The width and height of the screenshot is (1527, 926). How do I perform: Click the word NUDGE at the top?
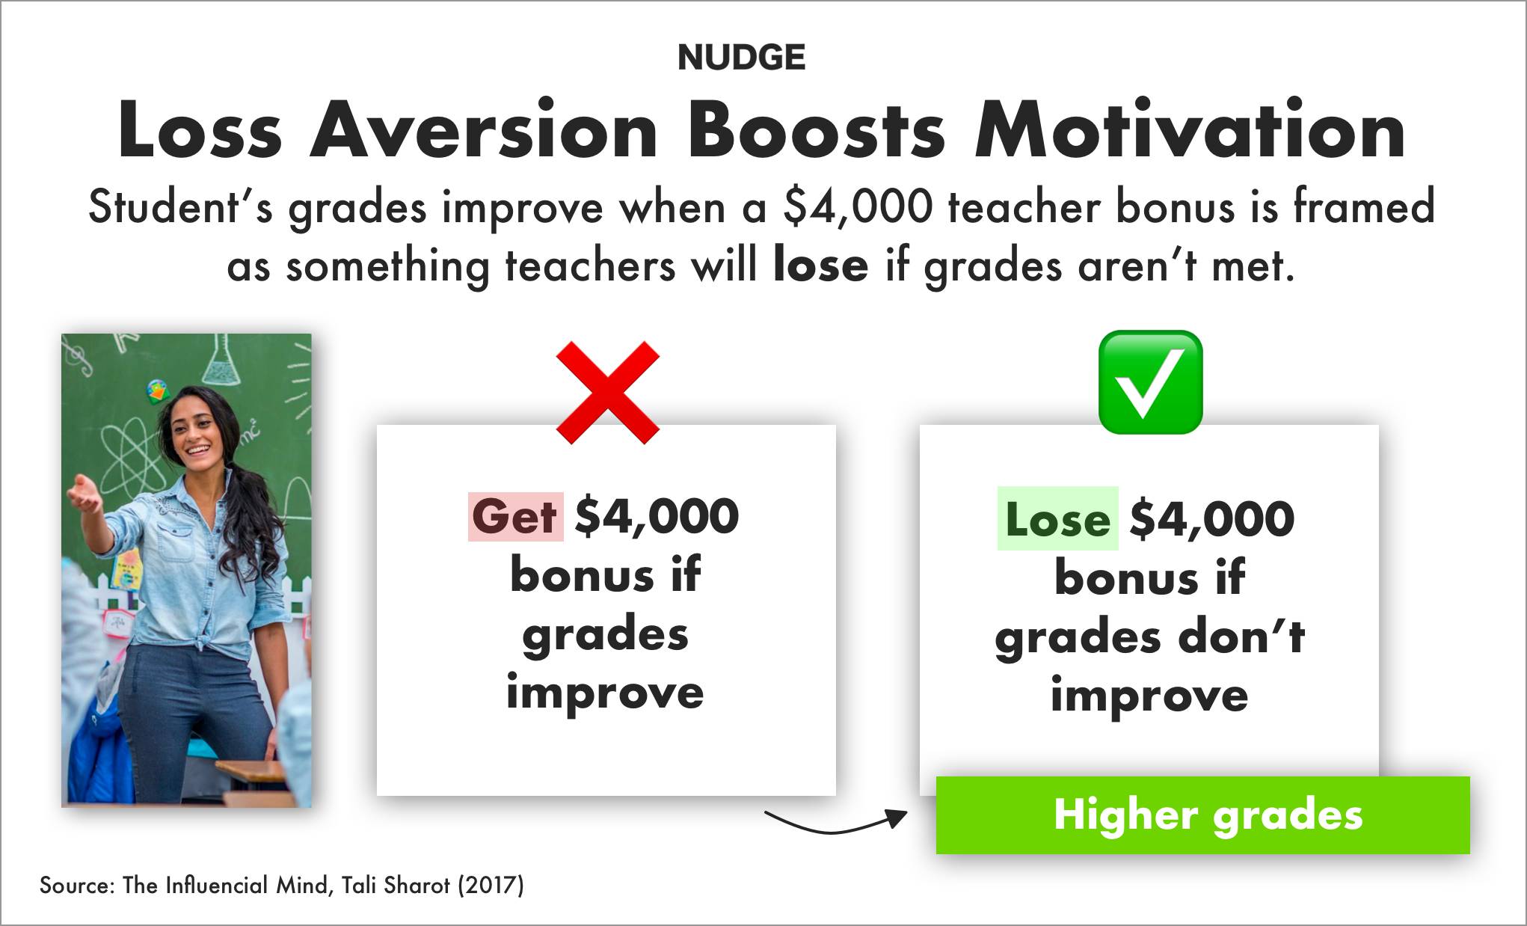(x=741, y=58)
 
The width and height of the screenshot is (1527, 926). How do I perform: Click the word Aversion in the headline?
(x=484, y=130)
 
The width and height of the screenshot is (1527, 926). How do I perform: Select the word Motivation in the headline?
(x=1190, y=130)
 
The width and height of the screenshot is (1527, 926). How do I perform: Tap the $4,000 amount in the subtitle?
(x=858, y=207)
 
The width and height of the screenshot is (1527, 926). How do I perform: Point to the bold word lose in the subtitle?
(x=820, y=266)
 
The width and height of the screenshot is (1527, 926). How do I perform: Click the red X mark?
(x=607, y=392)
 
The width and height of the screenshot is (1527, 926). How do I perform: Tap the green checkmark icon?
(x=1150, y=381)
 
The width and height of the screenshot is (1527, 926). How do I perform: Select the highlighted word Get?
(x=515, y=516)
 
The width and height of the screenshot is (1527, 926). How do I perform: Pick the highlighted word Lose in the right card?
(x=1057, y=518)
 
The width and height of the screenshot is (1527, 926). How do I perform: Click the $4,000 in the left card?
(x=657, y=517)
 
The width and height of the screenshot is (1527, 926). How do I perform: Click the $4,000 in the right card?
(x=1212, y=519)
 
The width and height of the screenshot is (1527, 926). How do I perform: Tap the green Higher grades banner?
(x=1202, y=815)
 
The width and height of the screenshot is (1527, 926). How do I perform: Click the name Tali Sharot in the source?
(x=396, y=886)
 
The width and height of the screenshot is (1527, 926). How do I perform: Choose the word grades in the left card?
(x=605, y=634)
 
